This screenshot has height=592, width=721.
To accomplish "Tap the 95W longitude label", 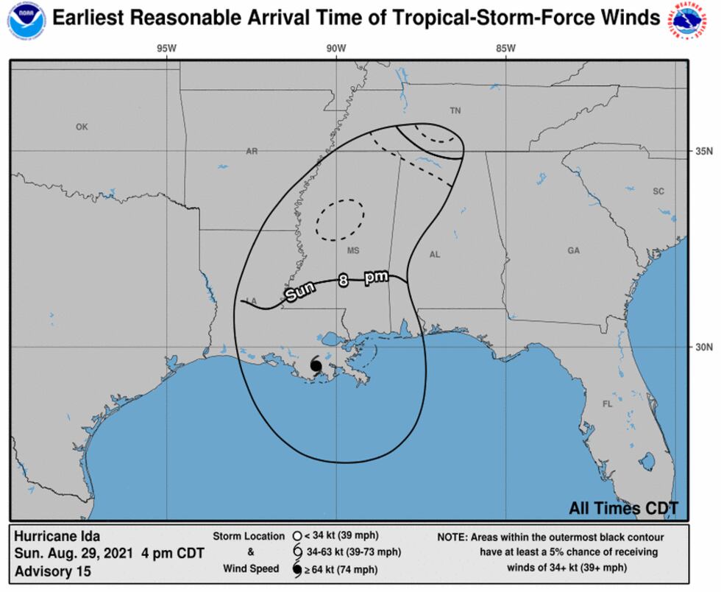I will click(x=166, y=49).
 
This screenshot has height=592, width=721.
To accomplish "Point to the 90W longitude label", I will click(x=336, y=49).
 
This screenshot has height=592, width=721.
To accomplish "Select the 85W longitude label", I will click(x=505, y=49).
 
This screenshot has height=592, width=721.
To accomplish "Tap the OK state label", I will click(x=82, y=127).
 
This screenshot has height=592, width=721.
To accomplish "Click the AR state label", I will click(x=252, y=151).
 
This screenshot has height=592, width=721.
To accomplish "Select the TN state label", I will click(x=455, y=110).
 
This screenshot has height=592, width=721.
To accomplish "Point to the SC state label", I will click(x=658, y=191).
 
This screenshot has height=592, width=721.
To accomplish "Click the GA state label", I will click(x=573, y=251).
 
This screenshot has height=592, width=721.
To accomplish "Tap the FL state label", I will click(x=608, y=404).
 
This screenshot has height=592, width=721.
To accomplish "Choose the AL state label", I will click(x=435, y=255).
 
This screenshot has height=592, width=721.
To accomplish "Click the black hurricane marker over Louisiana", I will click(x=316, y=365).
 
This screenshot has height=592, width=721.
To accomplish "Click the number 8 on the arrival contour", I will click(x=344, y=280).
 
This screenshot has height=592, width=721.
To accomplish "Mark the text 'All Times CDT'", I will click(x=623, y=508).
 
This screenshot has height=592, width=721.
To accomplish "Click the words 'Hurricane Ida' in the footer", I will click(x=57, y=536).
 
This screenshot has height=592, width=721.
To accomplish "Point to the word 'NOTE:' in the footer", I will click(x=455, y=537).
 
